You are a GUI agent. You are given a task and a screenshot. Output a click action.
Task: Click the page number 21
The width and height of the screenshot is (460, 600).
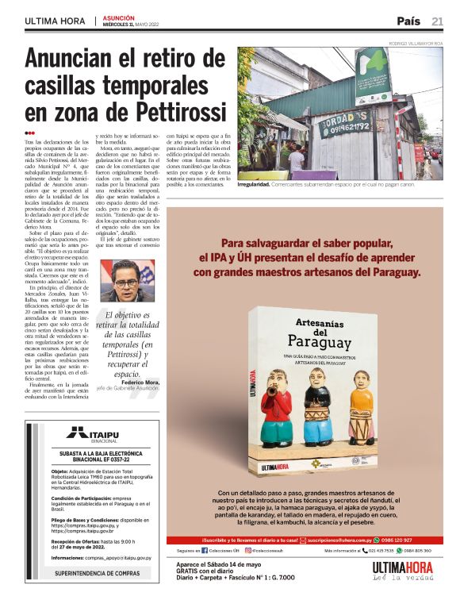point(438,21)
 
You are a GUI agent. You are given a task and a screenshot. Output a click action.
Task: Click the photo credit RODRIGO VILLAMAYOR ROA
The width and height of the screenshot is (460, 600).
point(416,44)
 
